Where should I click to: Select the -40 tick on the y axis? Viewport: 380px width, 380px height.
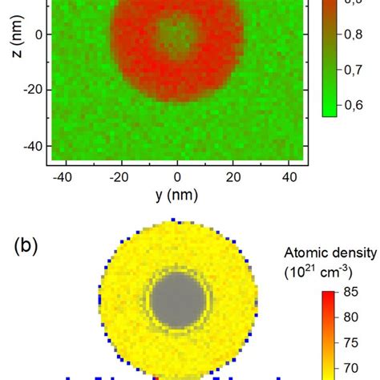click(56, 176)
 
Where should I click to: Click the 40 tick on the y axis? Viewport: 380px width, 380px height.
click(290, 176)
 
